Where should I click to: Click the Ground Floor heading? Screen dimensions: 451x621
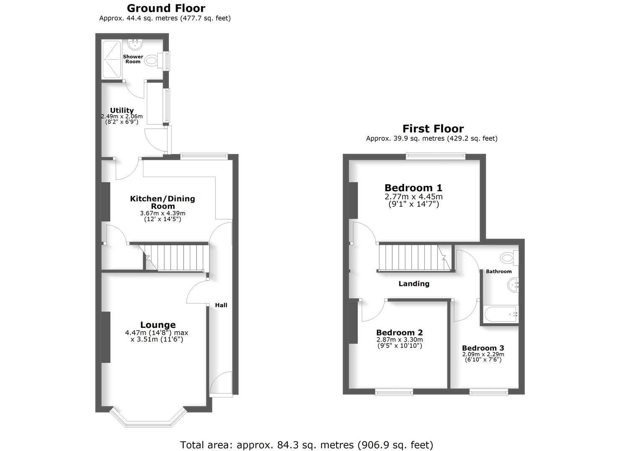pyautogui.click(x=166, y=8)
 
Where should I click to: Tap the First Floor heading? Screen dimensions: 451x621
pyautogui.click(x=433, y=128)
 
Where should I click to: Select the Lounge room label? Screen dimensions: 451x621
pyautogui.click(x=158, y=324)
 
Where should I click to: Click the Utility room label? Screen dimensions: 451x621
pyautogui.click(x=122, y=110)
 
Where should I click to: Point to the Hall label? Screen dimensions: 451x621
pyautogui.click(x=221, y=305)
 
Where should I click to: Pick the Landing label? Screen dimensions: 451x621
pyautogui.click(x=414, y=284)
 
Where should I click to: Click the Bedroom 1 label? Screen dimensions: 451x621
pyautogui.click(x=413, y=187)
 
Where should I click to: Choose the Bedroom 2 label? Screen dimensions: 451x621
pyautogui.click(x=399, y=332)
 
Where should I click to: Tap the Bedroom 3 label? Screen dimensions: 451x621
pyautogui.click(x=483, y=348)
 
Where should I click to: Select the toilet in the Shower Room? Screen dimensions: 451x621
pyautogui.click(x=153, y=61)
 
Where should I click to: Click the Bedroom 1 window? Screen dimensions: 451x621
pyautogui.click(x=436, y=156)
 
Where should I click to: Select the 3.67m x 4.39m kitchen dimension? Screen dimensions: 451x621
pyautogui.click(x=162, y=213)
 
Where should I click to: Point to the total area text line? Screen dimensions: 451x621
pyautogui.click(x=307, y=445)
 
